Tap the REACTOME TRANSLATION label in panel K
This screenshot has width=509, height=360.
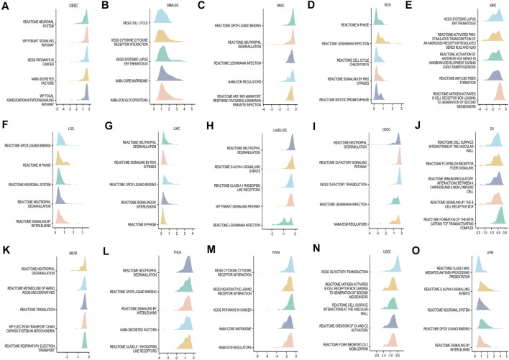(40, 308)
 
